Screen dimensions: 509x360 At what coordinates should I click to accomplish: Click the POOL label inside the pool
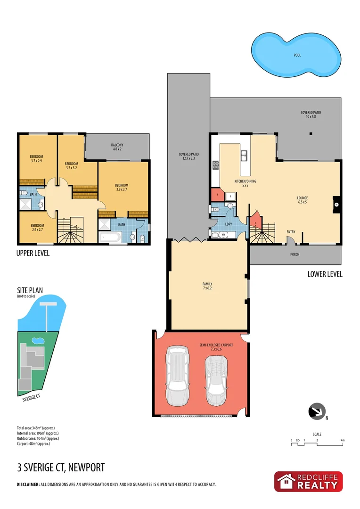click(297, 55)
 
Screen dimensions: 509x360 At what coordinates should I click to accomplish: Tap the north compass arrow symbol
click(317, 411)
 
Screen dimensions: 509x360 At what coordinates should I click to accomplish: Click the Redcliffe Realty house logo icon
click(286, 482)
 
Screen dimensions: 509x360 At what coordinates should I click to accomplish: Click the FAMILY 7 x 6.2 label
click(207, 287)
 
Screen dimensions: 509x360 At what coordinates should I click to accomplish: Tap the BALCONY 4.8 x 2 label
click(117, 147)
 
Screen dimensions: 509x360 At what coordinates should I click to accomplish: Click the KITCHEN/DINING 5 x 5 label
click(245, 184)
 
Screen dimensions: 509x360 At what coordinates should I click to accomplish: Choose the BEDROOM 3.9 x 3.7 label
click(122, 188)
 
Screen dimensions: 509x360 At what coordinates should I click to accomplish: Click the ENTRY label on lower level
click(291, 231)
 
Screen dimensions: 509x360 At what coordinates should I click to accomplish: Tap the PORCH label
click(294, 254)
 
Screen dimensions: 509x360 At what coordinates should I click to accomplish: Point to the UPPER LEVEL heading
click(33, 254)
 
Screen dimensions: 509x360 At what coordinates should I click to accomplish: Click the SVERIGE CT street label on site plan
click(32, 397)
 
